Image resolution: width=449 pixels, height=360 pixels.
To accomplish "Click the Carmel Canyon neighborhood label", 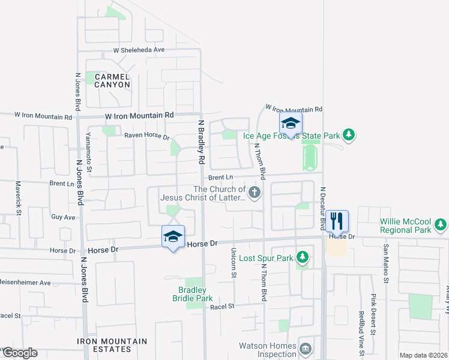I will point(112,80).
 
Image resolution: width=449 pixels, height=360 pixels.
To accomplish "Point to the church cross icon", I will point(255,193).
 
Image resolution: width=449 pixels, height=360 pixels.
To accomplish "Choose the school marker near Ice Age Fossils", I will point(291,124).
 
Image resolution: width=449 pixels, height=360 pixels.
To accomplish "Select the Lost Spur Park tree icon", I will point(303,258).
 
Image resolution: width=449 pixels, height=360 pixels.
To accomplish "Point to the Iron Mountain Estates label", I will point(112,345).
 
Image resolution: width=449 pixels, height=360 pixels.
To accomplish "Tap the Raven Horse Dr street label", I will point(147,136).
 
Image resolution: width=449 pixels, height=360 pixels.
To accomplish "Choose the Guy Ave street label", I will point(63,217).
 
